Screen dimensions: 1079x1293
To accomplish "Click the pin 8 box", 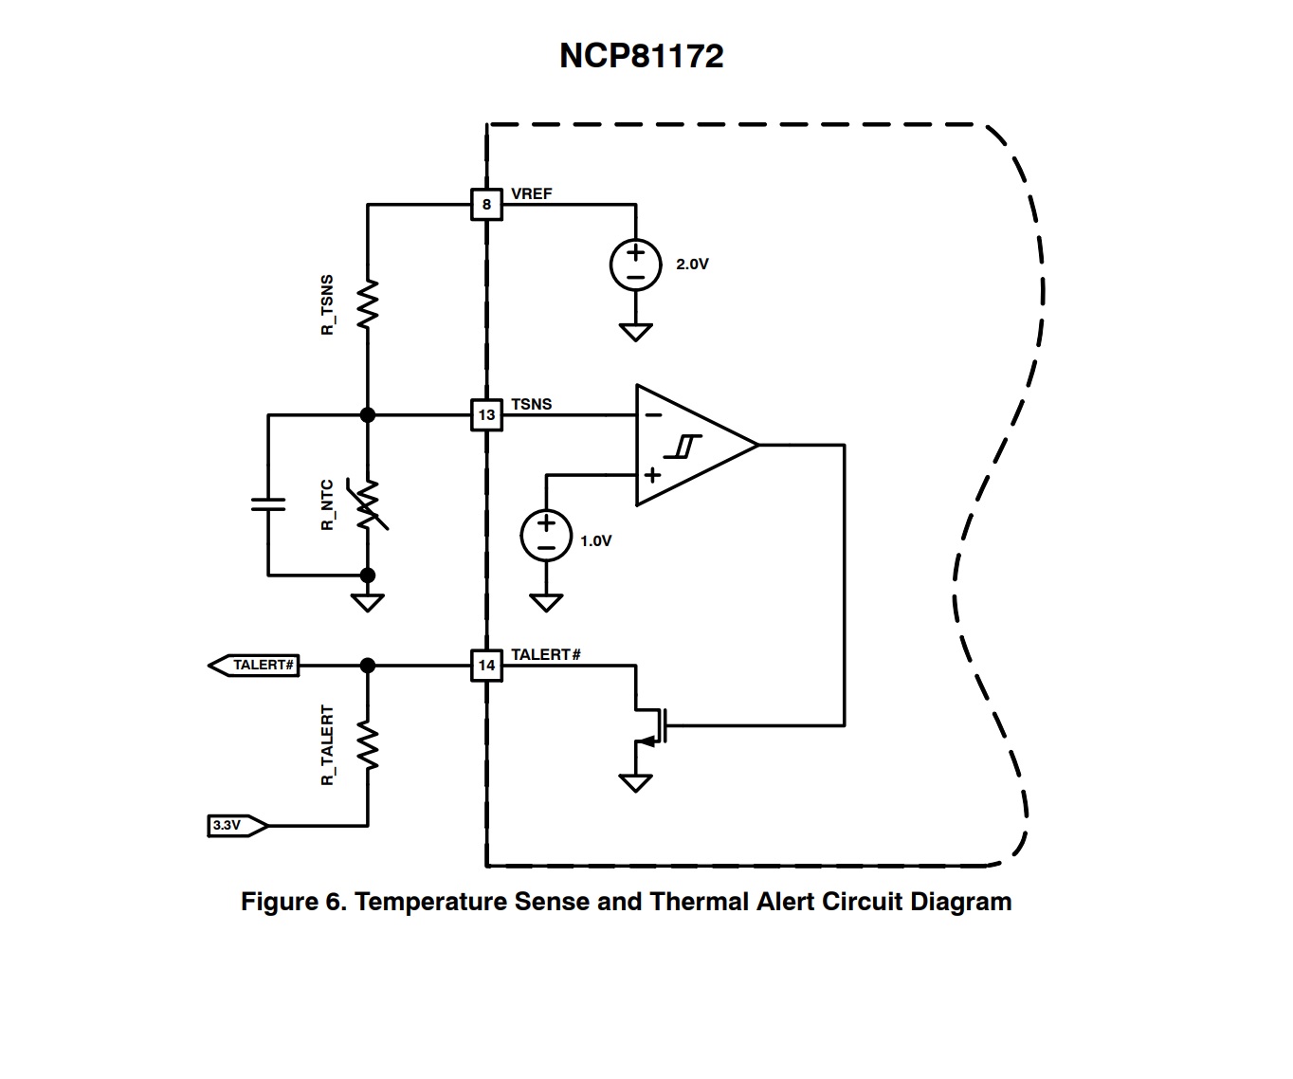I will tap(486, 204).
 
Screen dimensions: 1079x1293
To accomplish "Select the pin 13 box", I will tap(486, 415).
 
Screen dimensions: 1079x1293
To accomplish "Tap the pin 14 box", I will tap(486, 666).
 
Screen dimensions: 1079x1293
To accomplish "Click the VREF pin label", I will tap(531, 193).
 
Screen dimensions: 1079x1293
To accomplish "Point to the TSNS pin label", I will tap(531, 404).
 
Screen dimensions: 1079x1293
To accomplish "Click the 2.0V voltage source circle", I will tap(635, 265).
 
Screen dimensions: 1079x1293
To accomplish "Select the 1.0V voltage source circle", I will tap(546, 536).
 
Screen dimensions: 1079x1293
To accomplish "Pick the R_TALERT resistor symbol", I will tap(368, 745).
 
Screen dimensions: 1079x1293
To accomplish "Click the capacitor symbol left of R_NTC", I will tap(268, 503).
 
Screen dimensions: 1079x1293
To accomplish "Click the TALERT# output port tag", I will tap(254, 666).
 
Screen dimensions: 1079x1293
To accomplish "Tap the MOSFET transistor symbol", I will tap(651, 726).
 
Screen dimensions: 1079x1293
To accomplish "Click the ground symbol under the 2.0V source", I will tap(635, 332).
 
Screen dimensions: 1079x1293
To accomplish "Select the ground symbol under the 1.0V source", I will tap(546, 602).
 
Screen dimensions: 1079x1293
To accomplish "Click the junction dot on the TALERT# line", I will tap(368, 666).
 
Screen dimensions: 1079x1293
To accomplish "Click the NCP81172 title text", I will tap(642, 55).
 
